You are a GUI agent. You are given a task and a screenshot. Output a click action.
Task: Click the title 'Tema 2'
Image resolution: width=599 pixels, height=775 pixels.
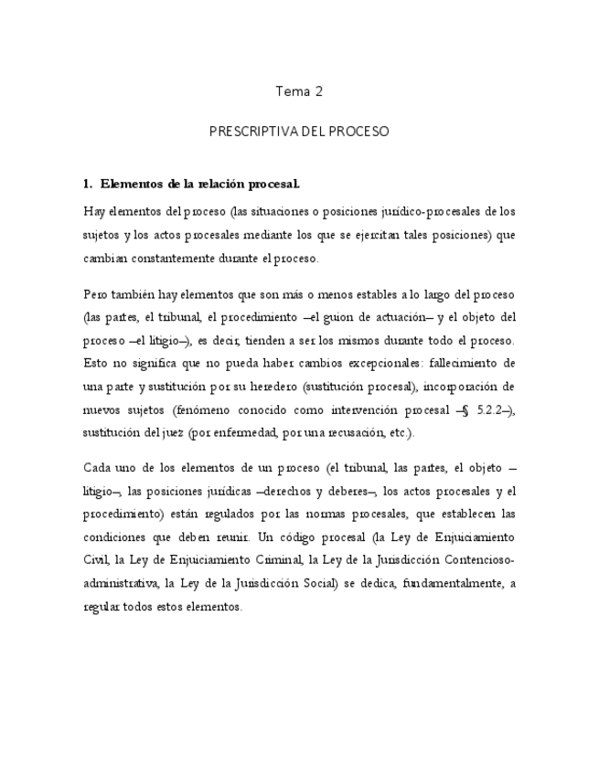click(299, 91)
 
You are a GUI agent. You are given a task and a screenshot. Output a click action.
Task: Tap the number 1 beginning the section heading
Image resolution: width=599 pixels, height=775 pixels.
click(86, 184)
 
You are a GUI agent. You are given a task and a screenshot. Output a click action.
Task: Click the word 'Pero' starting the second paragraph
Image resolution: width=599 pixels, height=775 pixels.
click(95, 295)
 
